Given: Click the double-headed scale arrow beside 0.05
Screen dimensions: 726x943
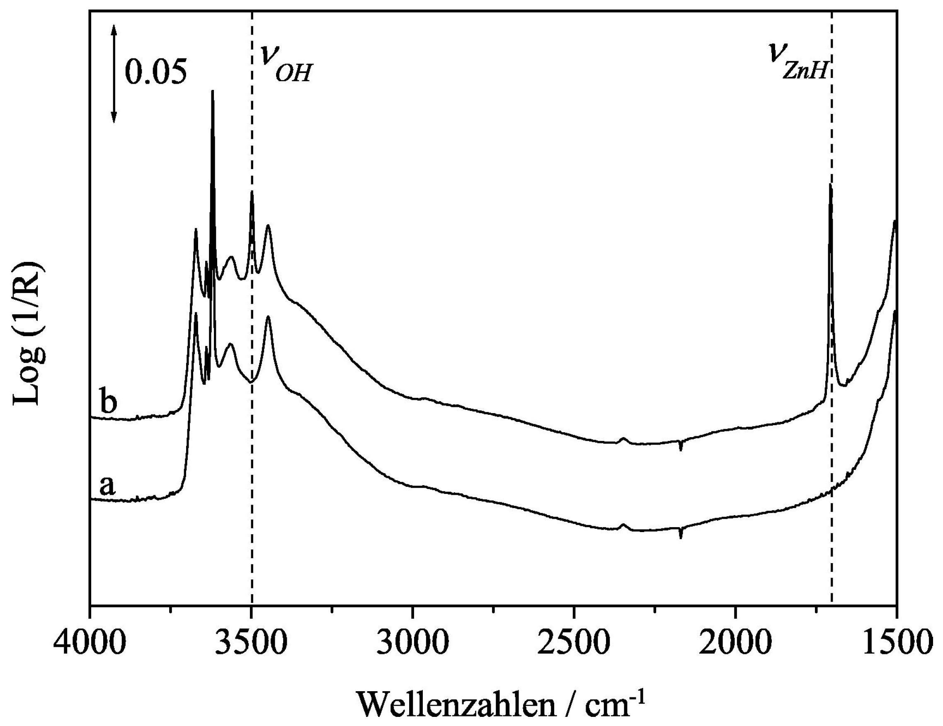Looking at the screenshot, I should tap(114, 73).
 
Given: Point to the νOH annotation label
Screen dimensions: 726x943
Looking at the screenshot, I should tap(285, 63).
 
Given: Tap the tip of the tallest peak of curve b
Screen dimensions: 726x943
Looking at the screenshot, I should tap(212, 91).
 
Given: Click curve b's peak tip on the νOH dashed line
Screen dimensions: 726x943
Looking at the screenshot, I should tap(252, 193).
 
